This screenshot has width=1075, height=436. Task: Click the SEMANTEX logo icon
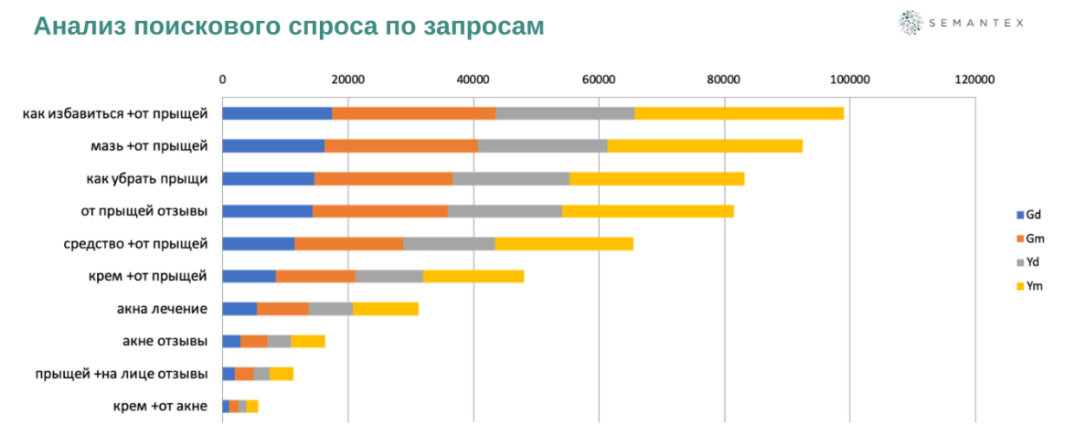(x=910, y=23)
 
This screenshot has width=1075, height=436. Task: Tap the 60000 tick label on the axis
(x=599, y=80)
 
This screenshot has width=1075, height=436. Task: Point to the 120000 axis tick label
(x=974, y=80)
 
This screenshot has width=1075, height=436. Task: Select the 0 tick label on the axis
(x=223, y=80)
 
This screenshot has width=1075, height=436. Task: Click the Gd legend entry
(x=1027, y=215)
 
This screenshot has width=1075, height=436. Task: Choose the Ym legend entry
(x=1027, y=286)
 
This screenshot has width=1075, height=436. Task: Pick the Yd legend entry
(x=1027, y=262)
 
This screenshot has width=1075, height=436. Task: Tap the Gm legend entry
(x=1027, y=239)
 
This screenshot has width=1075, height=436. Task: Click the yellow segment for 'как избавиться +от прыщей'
(x=739, y=113)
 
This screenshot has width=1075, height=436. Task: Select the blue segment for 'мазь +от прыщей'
(x=273, y=145)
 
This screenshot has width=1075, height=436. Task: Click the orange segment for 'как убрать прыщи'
(x=383, y=178)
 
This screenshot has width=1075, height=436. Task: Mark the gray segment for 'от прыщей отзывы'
(x=505, y=211)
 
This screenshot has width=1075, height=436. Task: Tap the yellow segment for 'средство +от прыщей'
(x=564, y=243)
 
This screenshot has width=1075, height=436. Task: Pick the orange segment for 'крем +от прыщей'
(x=315, y=276)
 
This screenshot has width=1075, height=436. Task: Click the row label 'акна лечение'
(x=162, y=309)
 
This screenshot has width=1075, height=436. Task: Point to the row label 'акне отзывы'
(x=165, y=342)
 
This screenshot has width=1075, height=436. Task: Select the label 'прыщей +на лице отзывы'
(x=122, y=374)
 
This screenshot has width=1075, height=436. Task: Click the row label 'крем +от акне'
(x=160, y=407)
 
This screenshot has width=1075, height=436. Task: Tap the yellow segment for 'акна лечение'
(x=386, y=309)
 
